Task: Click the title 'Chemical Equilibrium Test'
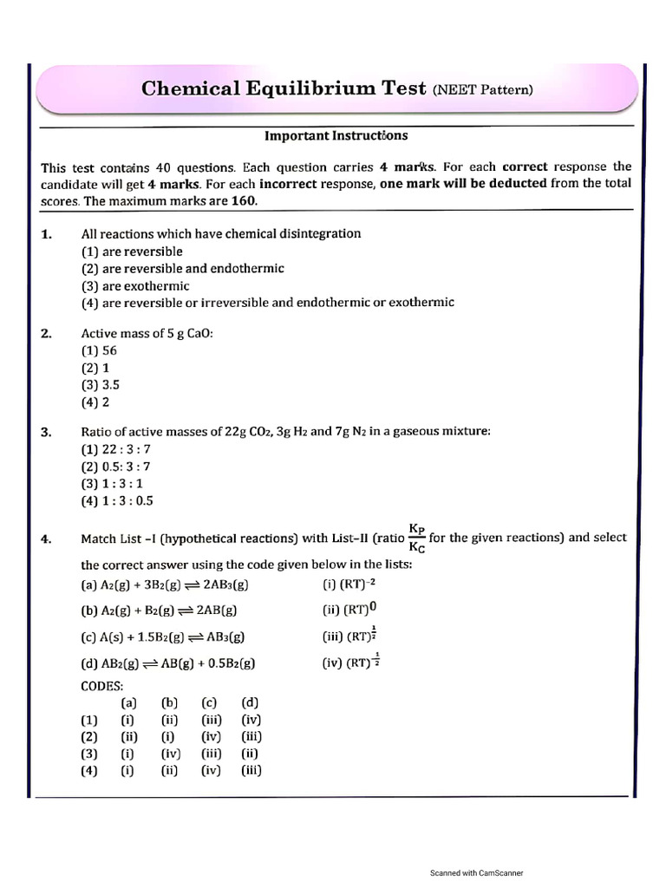(283, 88)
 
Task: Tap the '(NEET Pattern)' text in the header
(483, 89)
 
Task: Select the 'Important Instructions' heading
(336, 136)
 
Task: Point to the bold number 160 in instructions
(244, 199)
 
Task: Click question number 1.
(47, 234)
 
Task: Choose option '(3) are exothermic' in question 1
(134, 286)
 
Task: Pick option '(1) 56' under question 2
(99, 350)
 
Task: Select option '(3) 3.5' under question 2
(101, 384)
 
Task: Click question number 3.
(47, 432)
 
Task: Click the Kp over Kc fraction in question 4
(416, 538)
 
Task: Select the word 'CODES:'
(102, 686)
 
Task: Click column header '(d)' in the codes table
(251, 702)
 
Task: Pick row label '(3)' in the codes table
(88, 754)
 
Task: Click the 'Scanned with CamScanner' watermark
(477, 872)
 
